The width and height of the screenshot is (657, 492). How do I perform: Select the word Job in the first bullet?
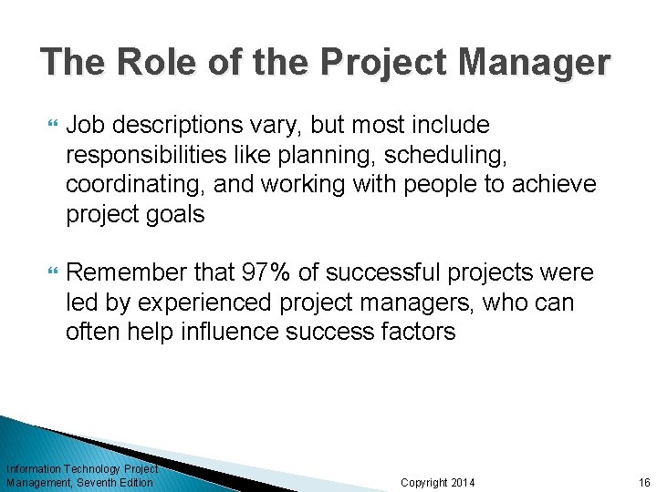pos(85,124)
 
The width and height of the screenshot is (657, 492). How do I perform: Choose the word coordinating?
pos(135,184)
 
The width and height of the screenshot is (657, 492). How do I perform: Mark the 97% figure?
pos(266,272)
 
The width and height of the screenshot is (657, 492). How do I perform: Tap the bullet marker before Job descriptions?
pos(49,125)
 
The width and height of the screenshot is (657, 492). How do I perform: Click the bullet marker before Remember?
pos(49,273)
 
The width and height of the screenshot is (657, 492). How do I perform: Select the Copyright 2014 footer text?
pos(438,482)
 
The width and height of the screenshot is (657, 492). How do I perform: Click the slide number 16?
pos(644,482)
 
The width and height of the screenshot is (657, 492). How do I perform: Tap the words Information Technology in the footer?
pos(59,469)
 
